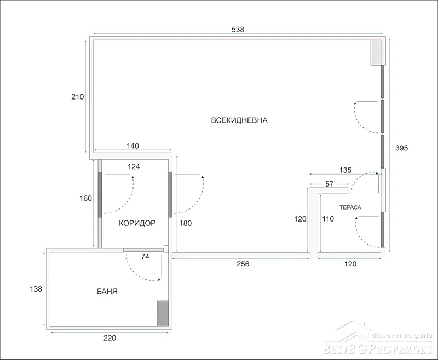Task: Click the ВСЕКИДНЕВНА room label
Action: pos(239,120)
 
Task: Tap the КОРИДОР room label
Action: pos(137,223)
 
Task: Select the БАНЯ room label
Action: pos(107,292)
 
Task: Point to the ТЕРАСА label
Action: pos(350,207)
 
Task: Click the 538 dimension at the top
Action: pos(238,30)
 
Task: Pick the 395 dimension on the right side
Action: pos(401,148)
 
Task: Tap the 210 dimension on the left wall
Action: pos(77,97)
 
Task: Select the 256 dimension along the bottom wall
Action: pos(243,264)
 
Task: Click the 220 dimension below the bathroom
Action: pos(109,338)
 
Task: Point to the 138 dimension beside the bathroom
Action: pos(36,289)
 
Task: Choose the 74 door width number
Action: pos(145,257)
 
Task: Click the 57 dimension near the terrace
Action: pos(330,184)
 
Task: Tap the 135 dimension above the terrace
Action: pos(345,170)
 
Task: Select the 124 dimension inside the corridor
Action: pos(134,167)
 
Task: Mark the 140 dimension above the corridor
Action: pos(132,146)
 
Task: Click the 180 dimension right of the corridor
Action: pos(186,223)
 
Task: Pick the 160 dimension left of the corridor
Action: pos(85,199)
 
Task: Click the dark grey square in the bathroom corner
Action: pos(163,313)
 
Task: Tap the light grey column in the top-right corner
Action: pos(376,53)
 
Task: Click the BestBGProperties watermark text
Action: pos(378,349)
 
